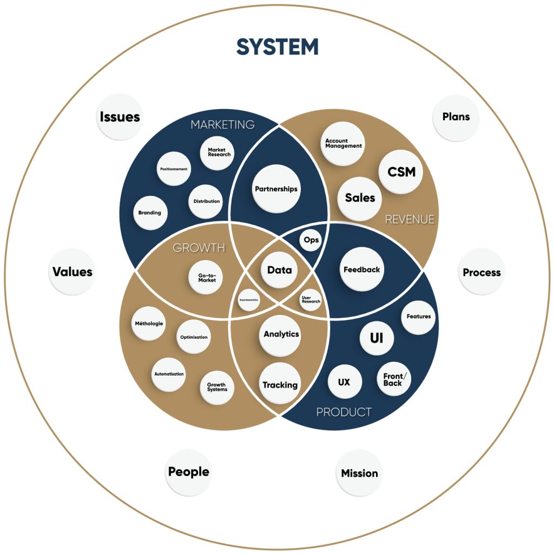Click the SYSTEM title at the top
click(x=277, y=47)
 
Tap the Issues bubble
click(x=120, y=117)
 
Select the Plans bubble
click(x=456, y=117)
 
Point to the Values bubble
click(x=72, y=272)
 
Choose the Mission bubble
click(x=359, y=473)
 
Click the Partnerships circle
click(x=276, y=189)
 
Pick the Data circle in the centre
click(x=280, y=270)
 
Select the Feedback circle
click(x=362, y=269)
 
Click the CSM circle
click(x=401, y=172)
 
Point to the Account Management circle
click(x=343, y=143)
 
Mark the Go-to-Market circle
click(x=207, y=277)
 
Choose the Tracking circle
click(x=280, y=385)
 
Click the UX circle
click(x=344, y=382)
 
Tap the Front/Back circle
click(x=393, y=379)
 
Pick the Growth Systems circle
click(x=217, y=387)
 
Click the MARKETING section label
click(x=222, y=124)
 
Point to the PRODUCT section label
click(x=344, y=412)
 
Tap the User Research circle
click(x=311, y=299)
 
